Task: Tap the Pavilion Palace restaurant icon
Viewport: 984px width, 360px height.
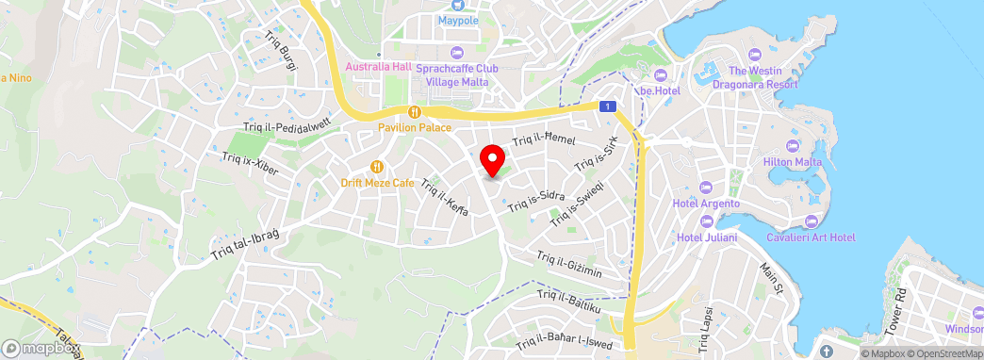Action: point(414,112)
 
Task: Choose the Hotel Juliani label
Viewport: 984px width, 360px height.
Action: point(707,237)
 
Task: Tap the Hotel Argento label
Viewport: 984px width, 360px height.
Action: point(705,204)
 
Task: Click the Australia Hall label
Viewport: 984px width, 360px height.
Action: point(379,67)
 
